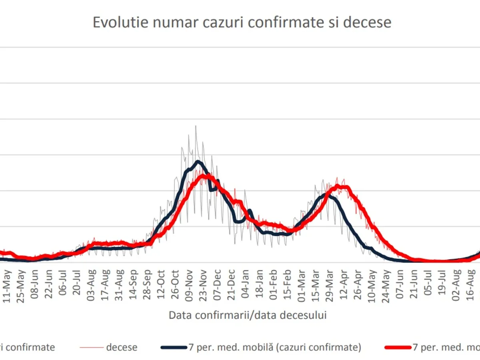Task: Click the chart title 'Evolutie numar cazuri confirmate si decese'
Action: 242,22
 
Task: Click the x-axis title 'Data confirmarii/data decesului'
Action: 248,315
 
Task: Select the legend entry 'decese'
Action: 122,347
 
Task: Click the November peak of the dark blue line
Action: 198,161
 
